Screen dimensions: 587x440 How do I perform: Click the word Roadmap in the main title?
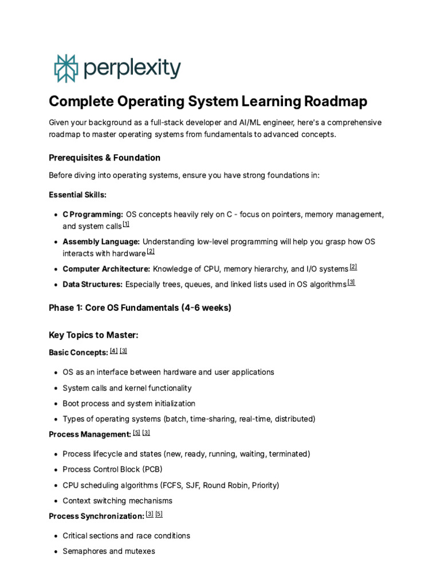[x=336, y=101]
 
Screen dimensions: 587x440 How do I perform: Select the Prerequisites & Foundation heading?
[x=104, y=158]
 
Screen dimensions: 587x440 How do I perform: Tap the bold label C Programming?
[x=93, y=214]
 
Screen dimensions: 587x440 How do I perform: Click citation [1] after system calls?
[x=126, y=225]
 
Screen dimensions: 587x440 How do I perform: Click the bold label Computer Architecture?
[x=106, y=268]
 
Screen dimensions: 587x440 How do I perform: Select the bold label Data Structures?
[x=92, y=284]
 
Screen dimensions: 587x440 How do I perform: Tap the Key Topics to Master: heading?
[x=93, y=335]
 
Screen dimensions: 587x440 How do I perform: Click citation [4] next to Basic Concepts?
[x=113, y=351]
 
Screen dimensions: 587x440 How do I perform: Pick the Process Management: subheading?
[x=89, y=434]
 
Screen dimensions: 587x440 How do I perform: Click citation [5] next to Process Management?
[x=136, y=433]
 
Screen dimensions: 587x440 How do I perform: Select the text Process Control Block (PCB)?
[x=112, y=469]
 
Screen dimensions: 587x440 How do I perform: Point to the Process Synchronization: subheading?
[x=96, y=516]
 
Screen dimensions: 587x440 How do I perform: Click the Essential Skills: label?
[x=77, y=195]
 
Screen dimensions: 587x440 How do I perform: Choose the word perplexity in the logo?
[x=132, y=69]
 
